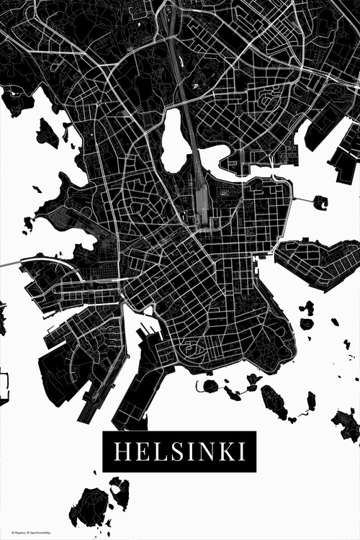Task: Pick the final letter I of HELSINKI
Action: pos(241,451)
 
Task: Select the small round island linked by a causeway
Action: pos(320,202)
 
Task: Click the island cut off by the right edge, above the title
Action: pos(348,425)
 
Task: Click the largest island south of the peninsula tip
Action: pos(273,401)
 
